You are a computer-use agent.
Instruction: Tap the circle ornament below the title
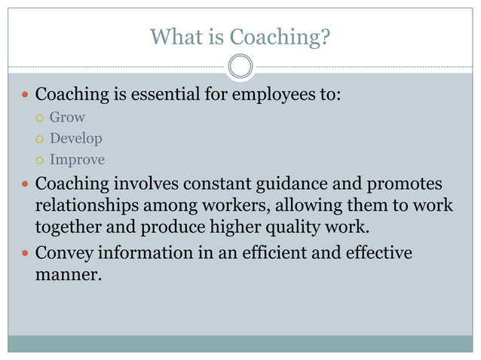coord(240,66)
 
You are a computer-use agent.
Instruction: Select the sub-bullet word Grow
coord(67,117)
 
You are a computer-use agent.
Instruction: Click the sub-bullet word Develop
coord(75,139)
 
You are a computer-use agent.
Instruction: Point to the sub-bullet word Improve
coord(77,160)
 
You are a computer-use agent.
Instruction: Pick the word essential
coord(168,96)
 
